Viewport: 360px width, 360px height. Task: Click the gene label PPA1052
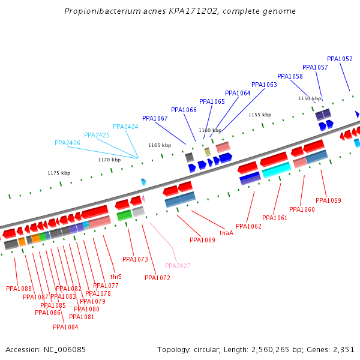pos(340,59)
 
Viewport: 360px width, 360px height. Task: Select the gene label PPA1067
pos(155,118)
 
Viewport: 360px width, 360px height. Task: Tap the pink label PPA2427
pos(178,266)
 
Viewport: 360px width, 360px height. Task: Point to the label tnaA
pos(226,233)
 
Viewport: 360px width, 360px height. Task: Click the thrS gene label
pos(116,277)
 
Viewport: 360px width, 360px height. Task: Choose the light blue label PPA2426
pos(67,143)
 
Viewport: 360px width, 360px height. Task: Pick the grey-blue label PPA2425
pos(97,135)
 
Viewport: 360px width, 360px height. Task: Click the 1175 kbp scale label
pos(59,173)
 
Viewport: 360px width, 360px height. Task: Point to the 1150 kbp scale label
pos(310,98)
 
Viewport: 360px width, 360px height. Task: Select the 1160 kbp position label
pos(210,130)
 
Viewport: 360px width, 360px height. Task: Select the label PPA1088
pos(19,289)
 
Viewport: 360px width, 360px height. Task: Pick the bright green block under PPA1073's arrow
pos(124,215)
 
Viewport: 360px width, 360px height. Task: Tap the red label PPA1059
pos(328,200)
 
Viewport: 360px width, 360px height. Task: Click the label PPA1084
pos(65,327)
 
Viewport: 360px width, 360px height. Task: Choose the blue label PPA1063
pos(264,85)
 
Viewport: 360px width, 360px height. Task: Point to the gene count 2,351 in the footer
pos(343,349)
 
